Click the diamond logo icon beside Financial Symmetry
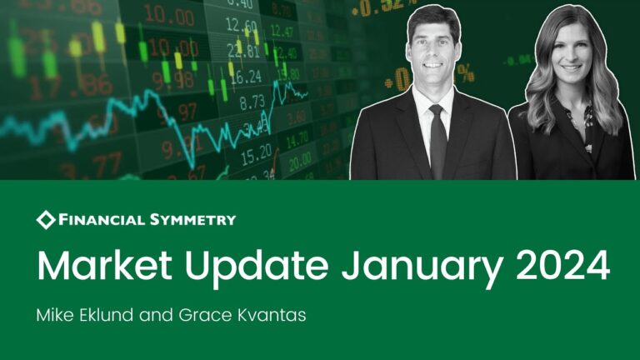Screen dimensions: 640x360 click(x=46, y=220)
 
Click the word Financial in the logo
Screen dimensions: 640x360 click(x=102, y=220)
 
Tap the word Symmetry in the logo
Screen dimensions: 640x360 click(x=192, y=220)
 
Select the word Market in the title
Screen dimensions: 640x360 click(x=104, y=265)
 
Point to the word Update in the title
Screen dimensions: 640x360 click(x=257, y=268)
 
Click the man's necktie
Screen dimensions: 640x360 click(x=437, y=142)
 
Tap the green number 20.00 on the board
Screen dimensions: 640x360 click(x=301, y=161)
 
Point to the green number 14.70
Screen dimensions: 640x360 click(x=297, y=140)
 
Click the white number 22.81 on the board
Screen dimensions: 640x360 click(x=243, y=51)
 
